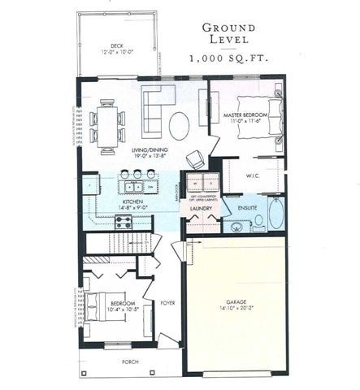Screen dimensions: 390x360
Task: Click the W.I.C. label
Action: coord(251,175)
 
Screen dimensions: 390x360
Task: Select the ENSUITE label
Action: coord(247,208)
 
